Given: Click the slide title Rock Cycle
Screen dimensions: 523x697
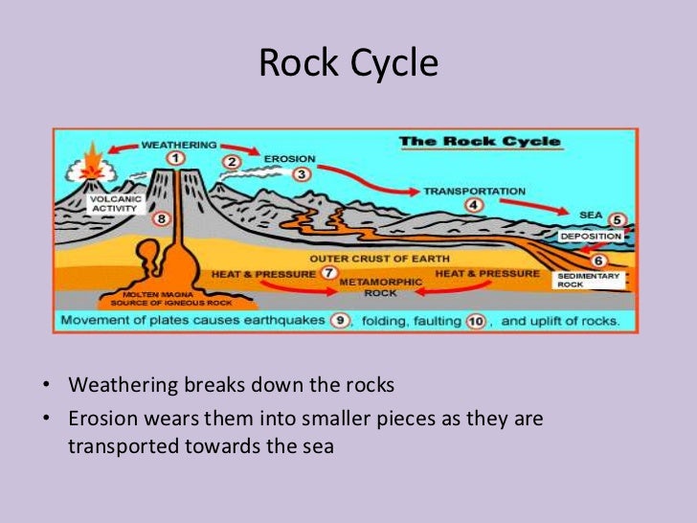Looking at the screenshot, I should (348, 64).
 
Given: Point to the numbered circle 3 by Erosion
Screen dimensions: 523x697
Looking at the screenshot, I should (302, 174).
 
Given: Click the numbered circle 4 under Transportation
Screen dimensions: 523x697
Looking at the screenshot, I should (473, 204).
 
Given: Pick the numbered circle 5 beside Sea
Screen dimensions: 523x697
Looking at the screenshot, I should (617, 219).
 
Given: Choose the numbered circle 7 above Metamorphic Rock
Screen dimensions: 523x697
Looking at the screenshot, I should (328, 273).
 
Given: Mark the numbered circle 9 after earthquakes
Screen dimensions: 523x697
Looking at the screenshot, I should (339, 321).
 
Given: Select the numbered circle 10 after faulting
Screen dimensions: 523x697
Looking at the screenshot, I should (476, 321).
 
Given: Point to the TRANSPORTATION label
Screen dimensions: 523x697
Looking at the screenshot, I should (474, 191).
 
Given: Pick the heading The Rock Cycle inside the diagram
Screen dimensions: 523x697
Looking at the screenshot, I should (480, 142).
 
